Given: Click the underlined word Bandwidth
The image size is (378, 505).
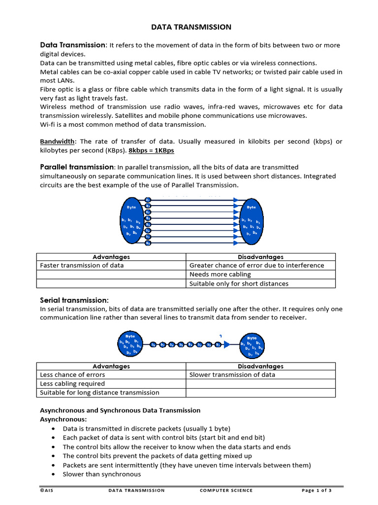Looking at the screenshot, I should (x=56, y=141).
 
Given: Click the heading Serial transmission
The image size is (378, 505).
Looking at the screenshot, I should (x=74, y=300).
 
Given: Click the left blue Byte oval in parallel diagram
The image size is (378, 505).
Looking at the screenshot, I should (x=131, y=220).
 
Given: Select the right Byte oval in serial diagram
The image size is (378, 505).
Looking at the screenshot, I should (x=252, y=345).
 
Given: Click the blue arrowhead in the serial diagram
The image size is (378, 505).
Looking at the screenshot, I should (x=226, y=345).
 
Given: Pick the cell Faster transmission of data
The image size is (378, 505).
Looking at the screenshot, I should (x=82, y=265).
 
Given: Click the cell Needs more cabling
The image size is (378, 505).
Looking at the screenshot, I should (x=220, y=274).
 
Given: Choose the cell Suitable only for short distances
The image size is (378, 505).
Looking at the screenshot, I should (x=239, y=284).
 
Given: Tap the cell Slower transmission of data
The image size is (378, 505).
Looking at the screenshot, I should (x=232, y=375).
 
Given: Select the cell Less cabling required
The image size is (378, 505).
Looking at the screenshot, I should (x=72, y=384).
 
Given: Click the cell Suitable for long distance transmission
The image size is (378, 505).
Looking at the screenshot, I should (x=99, y=393).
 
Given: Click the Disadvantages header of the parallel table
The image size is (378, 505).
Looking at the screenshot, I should (x=260, y=257).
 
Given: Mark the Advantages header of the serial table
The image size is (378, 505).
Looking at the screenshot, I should (x=111, y=366).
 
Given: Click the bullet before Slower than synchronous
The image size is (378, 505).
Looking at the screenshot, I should (x=53, y=474).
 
